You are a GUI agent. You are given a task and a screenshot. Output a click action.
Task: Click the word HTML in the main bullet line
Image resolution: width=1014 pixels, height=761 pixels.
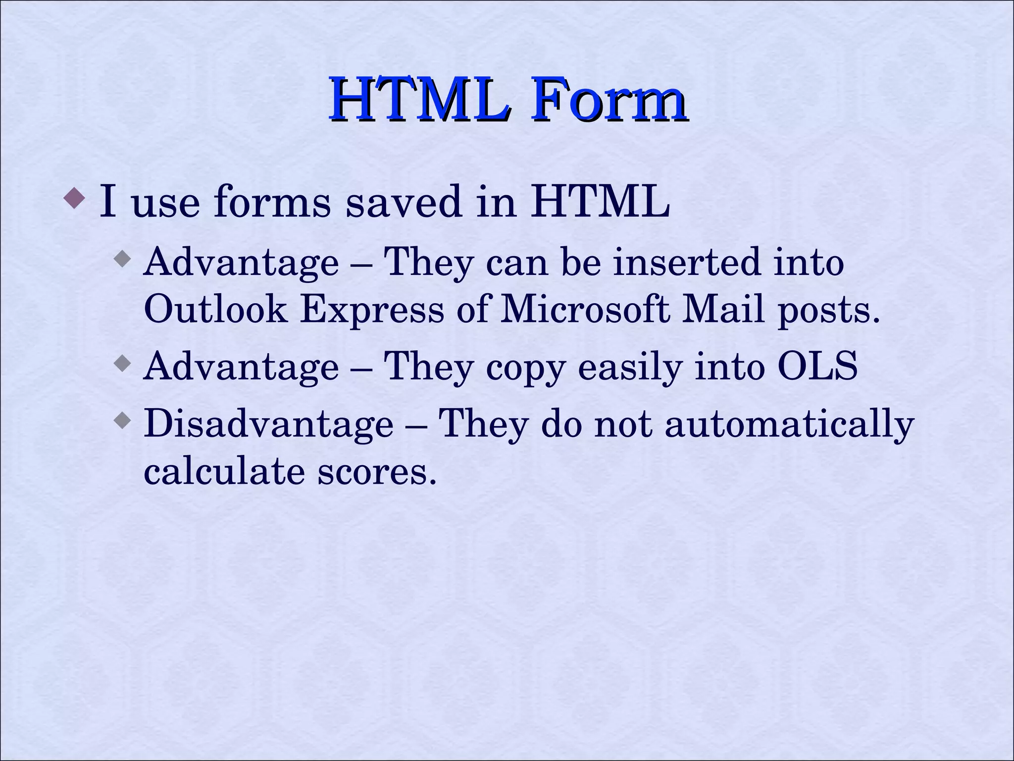[x=600, y=202]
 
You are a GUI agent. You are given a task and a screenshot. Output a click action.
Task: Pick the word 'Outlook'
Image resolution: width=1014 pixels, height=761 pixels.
[x=215, y=310]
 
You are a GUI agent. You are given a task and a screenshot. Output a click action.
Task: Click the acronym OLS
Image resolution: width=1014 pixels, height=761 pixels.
[x=817, y=366]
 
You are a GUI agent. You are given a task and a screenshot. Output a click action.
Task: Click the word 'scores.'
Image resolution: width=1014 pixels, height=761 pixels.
[x=377, y=471]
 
